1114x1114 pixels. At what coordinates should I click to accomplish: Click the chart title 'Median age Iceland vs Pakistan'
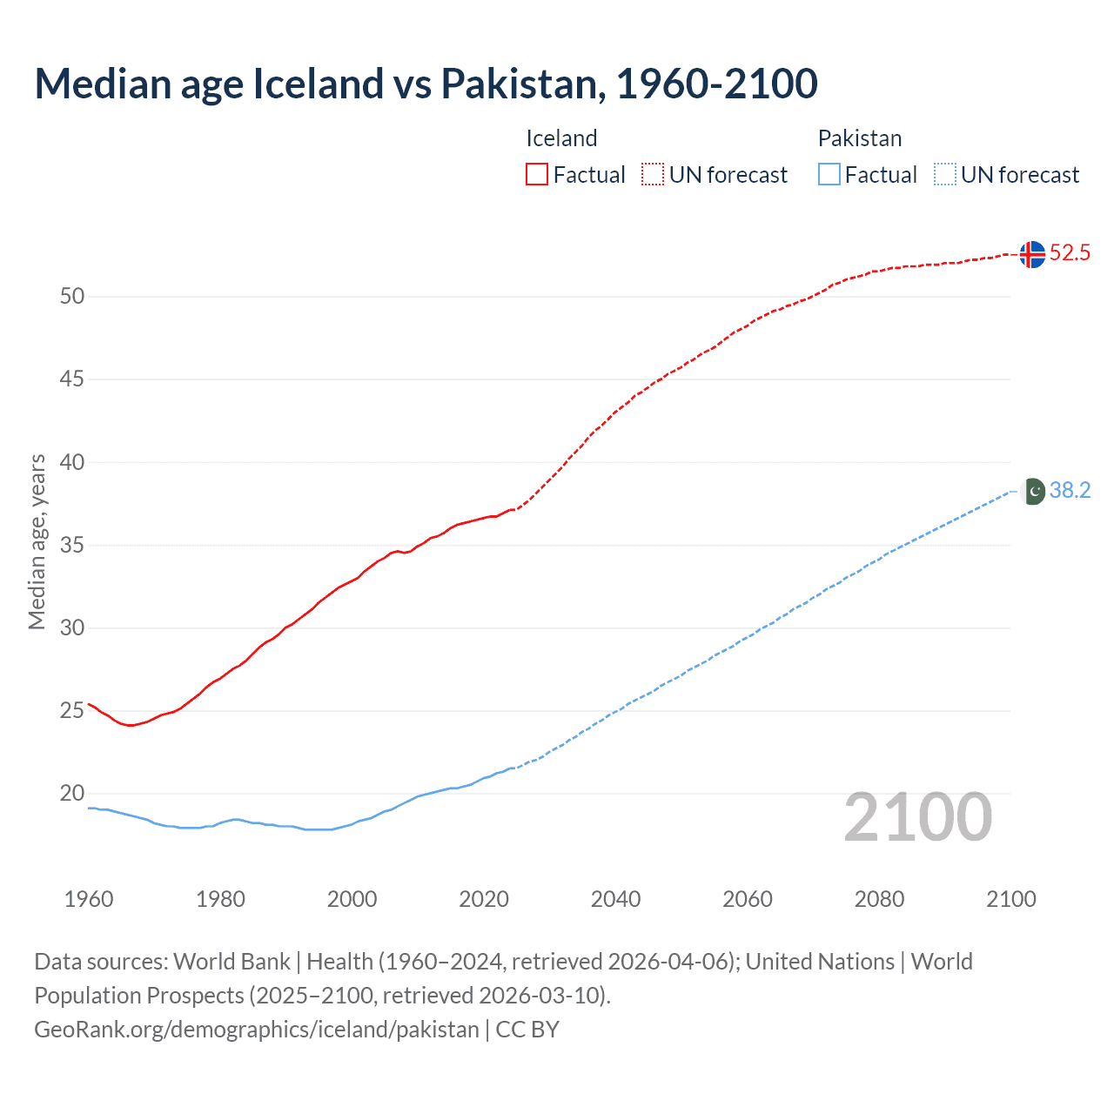pos(426,84)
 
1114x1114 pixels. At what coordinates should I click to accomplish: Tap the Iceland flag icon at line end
pos(1032,254)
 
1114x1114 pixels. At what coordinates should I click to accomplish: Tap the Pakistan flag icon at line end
pos(1032,491)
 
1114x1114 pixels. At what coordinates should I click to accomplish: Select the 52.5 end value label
pos(1070,253)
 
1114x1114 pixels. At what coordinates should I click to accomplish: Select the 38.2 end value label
pos(1070,491)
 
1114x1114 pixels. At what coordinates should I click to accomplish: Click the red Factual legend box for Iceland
pos(537,174)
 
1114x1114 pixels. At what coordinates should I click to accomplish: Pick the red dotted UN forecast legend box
pos(653,174)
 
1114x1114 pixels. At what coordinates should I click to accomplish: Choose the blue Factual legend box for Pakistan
pos(829,174)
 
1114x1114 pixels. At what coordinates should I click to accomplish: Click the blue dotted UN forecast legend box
pos(945,174)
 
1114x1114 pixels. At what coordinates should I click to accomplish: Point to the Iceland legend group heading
pos(561,138)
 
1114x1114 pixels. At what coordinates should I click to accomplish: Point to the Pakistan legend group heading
pos(860,138)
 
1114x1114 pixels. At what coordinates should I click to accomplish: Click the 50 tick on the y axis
pos(72,296)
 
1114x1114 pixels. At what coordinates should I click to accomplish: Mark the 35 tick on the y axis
pos(72,546)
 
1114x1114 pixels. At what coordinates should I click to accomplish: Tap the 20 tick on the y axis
pos(72,794)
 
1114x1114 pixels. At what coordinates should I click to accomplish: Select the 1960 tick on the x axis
pos(89,899)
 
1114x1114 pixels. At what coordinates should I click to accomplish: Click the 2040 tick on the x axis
pos(615,899)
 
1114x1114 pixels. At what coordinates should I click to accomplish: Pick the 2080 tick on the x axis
pos(879,899)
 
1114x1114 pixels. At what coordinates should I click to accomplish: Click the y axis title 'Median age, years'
pos(37,541)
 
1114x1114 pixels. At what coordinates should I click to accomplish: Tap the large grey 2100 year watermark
pos(917,816)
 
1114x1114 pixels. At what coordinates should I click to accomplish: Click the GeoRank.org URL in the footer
pos(257,1030)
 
